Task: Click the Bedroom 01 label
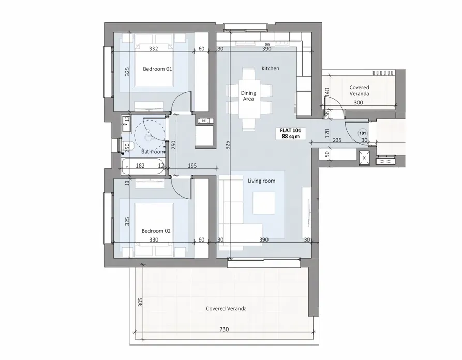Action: [x=157, y=68]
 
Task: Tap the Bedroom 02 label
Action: [x=157, y=231]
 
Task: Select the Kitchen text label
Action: [x=270, y=68]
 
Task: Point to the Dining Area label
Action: [x=248, y=96]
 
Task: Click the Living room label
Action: [x=261, y=181]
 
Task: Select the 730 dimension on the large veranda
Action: [x=224, y=329]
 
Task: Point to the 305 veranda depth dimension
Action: [x=140, y=302]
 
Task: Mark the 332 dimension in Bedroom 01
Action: [x=153, y=49]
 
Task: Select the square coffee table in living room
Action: [x=264, y=203]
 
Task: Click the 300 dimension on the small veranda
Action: [x=359, y=103]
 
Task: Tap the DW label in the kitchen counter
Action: [x=267, y=44]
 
